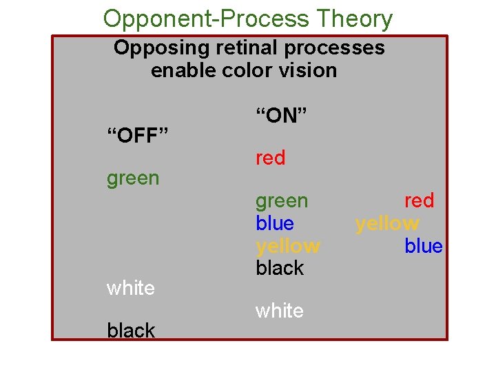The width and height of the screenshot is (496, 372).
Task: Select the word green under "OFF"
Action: coord(133,178)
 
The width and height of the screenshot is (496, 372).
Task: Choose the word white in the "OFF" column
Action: coord(131,287)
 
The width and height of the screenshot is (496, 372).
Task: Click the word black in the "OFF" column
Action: coord(131,331)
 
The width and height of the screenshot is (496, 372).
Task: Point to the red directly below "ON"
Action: coord(270,158)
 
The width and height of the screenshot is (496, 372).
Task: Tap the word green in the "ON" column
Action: coord(282,201)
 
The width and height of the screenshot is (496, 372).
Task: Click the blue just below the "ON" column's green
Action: coord(274,223)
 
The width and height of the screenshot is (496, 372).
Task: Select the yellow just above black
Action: coord(287,246)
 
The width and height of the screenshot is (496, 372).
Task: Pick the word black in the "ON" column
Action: coord(280,267)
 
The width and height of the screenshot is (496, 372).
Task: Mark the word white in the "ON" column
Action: coord(279,311)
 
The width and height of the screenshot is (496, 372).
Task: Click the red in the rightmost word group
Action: coord(419,200)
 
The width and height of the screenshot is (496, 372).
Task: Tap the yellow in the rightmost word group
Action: coord(386,223)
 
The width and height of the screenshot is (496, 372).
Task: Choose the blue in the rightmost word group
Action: coord(423,246)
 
